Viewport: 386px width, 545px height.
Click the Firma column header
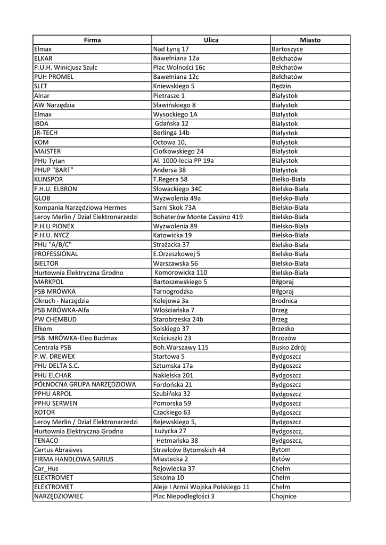click(x=92, y=40)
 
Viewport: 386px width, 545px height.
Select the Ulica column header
click(x=211, y=40)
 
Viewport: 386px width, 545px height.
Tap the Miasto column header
click(x=310, y=40)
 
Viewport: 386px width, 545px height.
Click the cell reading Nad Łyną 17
click(x=171, y=49)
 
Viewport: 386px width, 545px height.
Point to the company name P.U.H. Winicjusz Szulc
click(x=65, y=68)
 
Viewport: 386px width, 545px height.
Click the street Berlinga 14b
click(x=171, y=133)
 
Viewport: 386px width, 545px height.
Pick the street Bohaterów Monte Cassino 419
click(x=198, y=217)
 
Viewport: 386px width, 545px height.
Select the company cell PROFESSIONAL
click(x=56, y=254)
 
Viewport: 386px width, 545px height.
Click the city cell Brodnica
click(x=284, y=301)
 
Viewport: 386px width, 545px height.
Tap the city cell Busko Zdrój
click(x=289, y=347)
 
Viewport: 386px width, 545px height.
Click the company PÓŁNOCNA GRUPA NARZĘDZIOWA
click(x=85, y=384)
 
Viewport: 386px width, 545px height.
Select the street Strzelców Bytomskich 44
click(x=189, y=450)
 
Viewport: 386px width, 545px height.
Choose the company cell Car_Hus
click(x=46, y=468)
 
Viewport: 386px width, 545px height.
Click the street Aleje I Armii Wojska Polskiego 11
click(x=201, y=487)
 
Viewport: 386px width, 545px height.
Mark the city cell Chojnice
click(x=284, y=496)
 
